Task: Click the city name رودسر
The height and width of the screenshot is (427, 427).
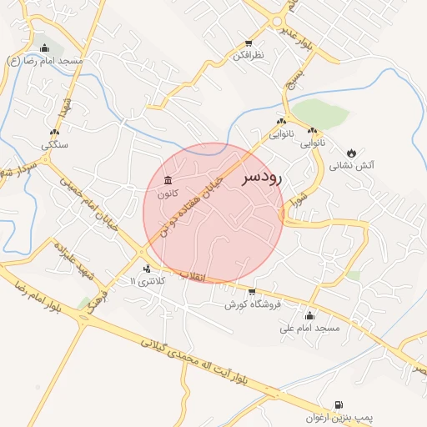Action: pyautogui.click(x=263, y=178)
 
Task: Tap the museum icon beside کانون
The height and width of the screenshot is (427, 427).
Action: pyautogui.click(x=168, y=181)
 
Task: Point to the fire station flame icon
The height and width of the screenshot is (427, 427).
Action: pyautogui.click(x=352, y=153)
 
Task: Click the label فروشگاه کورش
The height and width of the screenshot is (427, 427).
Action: pyautogui.click(x=253, y=304)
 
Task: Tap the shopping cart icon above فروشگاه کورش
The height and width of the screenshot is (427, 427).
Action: pyautogui.click(x=252, y=292)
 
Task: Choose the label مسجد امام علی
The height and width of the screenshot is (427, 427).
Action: pyautogui.click(x=310, y=328)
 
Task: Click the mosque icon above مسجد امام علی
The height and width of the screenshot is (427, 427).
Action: pyautogui.click(x=309, y=315)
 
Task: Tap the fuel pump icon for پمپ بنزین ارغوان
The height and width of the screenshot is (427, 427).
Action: pyautogui.click(x=338, y=404)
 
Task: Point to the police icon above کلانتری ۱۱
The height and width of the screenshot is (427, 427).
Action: pyautogui.click(x=147, y=269)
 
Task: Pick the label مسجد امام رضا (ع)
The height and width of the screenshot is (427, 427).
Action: pyautogui.click(x=45, y=62)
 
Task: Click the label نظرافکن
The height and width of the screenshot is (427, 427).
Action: pyautogui.click(x=248, y=55)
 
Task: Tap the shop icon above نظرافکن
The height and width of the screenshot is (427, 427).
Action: pyautogui.click(x=248, y=43)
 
